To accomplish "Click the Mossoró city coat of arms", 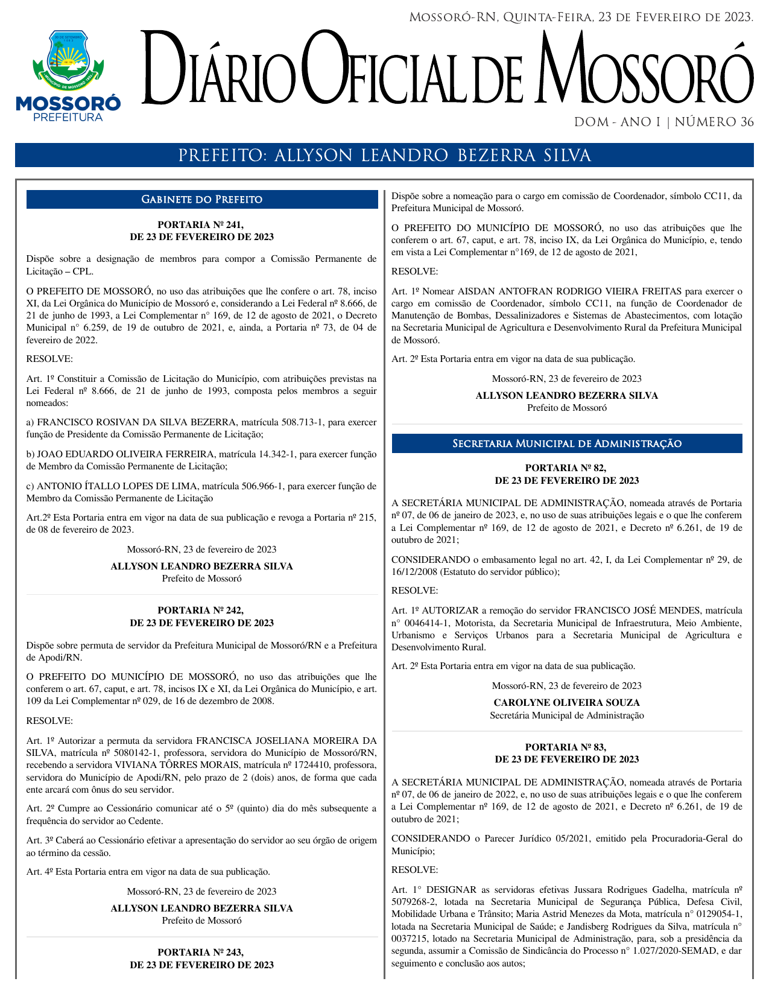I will click(x=68, y=59).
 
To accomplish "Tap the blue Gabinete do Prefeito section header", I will click(x=202, y=200).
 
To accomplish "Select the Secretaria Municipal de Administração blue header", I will click(x=567, y=444).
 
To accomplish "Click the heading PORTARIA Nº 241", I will click(x=201, y=225).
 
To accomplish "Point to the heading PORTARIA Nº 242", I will click(x=201, y=611).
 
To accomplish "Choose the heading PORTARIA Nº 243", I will click(x=201, y=952).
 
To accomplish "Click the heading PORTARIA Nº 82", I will click(x=566, y=468).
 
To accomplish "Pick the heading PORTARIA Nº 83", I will click(x=566, y=747).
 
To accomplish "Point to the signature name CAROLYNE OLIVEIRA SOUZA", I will click(x=566, y=703).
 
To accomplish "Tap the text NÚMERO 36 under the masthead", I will click(x=714, y=122).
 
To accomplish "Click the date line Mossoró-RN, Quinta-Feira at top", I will click(x=581, y=17).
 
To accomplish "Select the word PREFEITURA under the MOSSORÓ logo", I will click(x=68, y=118).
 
